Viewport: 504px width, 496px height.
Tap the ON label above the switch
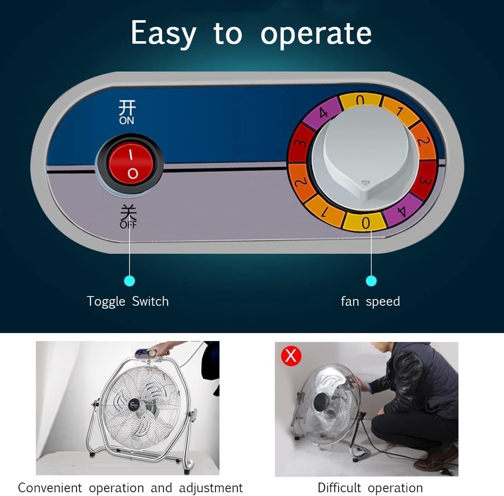[x=126, y=121]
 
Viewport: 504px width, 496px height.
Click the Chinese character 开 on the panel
[x=127, y=108]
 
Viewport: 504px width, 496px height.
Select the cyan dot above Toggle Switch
[x=129, y=281]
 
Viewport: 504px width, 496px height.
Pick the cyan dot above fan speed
[x=371, y=281]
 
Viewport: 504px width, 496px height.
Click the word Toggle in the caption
[x=106, y=302]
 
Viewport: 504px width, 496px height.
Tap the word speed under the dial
[x=383, y=302]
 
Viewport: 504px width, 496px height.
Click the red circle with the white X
[x=291, y=356]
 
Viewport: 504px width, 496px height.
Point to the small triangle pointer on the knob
[x=365, y=184]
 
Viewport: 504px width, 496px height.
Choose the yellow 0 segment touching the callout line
[x=365, y=222]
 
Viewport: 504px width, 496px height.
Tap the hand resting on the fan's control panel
[x=157, y=350]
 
